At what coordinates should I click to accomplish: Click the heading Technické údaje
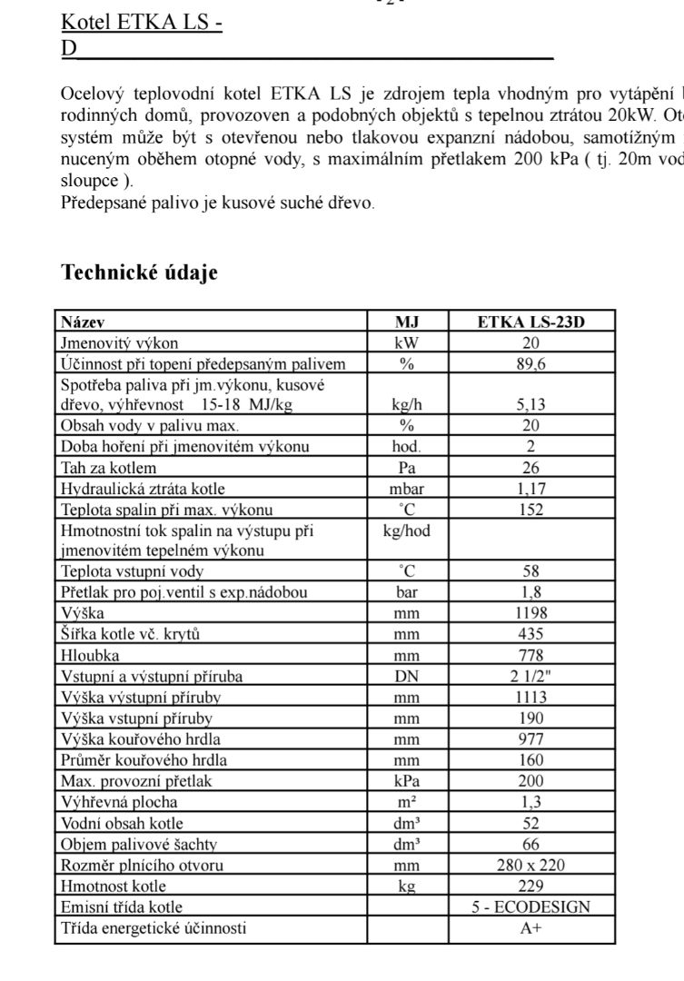coord(139,272)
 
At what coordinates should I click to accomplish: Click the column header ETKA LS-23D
coord(531,322)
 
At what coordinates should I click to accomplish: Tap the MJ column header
coord(407,322)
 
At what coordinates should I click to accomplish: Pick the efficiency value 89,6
coord(531,364)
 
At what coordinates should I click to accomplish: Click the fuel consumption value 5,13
coord(531,405)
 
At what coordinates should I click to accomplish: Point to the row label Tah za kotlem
coord(108,468)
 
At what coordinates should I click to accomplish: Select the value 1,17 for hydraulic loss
coord(531,489)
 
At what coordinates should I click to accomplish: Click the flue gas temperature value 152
coord(531,510)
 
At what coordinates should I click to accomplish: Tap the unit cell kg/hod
coord(407,530)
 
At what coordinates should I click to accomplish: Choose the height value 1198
coord(531,613)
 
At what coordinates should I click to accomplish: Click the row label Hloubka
coord(90,655)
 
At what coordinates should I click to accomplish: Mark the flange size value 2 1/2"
coord(531,676)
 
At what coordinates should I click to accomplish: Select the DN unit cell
coord(407,676)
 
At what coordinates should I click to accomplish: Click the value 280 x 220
coord(531,865)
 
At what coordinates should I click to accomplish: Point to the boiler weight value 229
coord(531,886)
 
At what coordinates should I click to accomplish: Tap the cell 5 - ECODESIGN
coord(531,907)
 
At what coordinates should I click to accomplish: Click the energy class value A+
coord(531,928)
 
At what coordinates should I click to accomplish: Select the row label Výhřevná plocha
coord(119,802)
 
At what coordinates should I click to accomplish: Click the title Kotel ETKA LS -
coord(142,23)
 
